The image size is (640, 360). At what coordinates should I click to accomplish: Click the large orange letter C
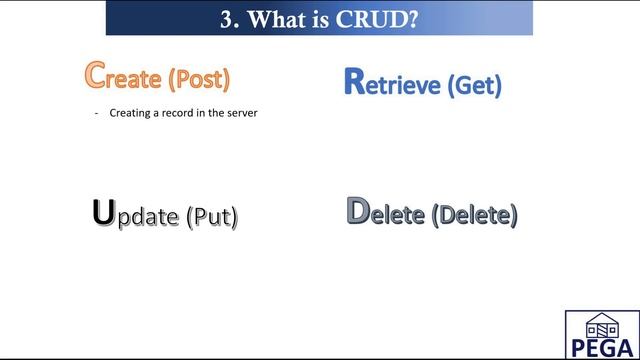click(x=96, y=74)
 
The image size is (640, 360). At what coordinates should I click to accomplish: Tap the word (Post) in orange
click(x=199, y=78)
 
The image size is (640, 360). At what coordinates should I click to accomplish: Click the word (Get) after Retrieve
click(x=474, y=85)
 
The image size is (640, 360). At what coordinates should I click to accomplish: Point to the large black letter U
click(x=103, y=213)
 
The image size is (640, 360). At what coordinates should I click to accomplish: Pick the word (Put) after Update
click(x=212, y=216)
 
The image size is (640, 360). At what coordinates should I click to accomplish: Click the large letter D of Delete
click(x=358, y=211)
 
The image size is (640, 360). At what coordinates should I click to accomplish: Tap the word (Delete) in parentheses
click(x=474, y=215)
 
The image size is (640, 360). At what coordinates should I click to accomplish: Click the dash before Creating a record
click(x=97, y=113)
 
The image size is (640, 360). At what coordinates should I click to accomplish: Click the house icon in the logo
click(x=602, y=325)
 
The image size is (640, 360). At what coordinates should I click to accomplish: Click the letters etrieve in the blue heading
click(x=404, y=85)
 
